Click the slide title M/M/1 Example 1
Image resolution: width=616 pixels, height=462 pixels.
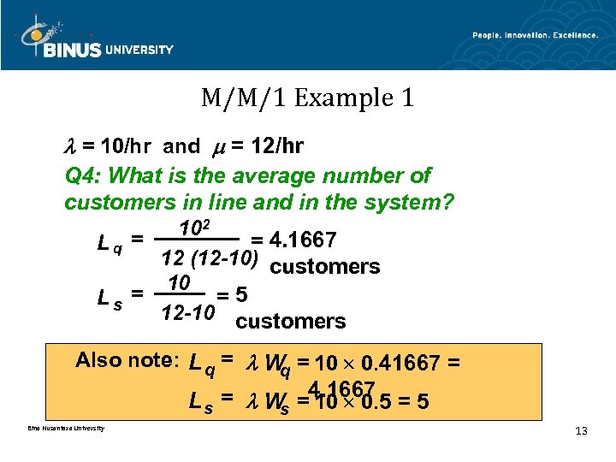tap(307, 98)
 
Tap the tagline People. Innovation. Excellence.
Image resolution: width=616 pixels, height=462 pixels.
tap(535, 35)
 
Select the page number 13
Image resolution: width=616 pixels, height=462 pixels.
tap(581, 430)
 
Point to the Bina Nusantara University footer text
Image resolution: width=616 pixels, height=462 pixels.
tap(59, 428)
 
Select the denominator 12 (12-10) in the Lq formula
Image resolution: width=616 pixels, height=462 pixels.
tap(211, 257)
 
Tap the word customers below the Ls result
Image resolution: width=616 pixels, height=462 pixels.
tap(290, 322)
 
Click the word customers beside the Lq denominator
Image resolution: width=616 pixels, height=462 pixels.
tap(324, 266)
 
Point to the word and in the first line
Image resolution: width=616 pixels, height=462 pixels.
tap(181, 146)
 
